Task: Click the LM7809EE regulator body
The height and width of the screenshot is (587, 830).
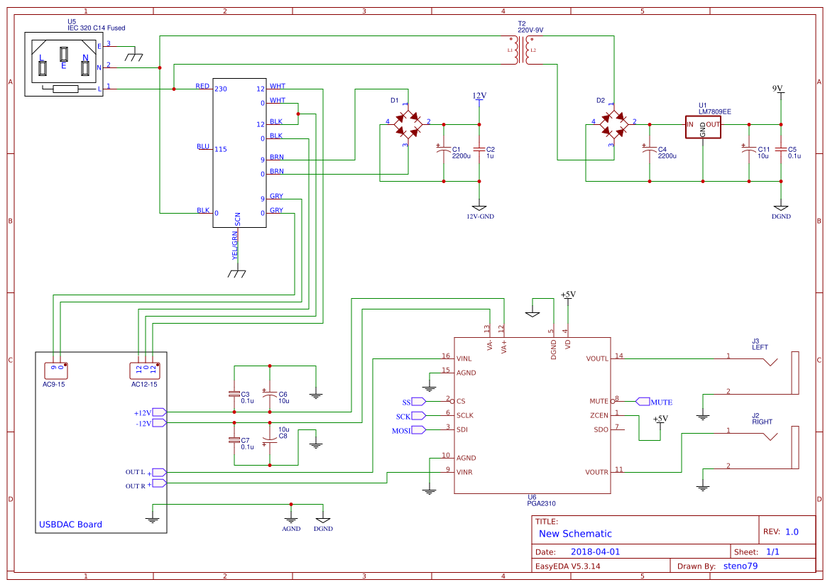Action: [703, 126]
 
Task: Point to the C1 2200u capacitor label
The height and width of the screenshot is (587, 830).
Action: [461, 153]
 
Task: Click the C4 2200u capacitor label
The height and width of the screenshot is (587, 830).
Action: [667, 153]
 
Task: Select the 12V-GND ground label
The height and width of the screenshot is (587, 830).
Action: [480, 216]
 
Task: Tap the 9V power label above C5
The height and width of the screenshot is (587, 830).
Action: [777, 89]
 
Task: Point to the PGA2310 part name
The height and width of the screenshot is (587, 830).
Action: [540, 503]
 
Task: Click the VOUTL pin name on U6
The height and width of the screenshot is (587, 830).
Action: [597, 359]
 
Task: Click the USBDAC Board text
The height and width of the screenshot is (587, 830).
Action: [70, 525]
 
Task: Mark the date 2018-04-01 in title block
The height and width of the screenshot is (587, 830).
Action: [595, 552]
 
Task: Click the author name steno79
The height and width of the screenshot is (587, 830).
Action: [740, 566]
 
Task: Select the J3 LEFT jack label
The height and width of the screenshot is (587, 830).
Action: [760, 344]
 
